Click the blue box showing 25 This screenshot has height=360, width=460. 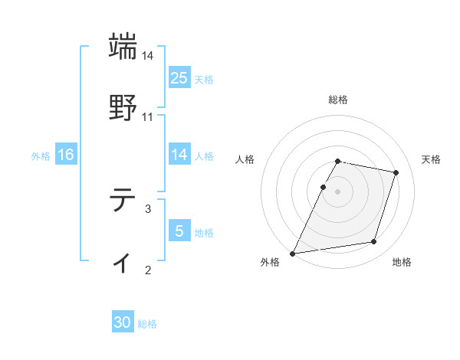pyautogui.click(x=179, y=77)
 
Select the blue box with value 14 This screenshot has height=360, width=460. pyautogui.click(x=179, y=155)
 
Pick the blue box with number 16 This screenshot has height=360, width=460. pyautogui.click(x=66, y=155)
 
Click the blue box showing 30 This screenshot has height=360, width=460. pyautogui.click(x=123, y=322)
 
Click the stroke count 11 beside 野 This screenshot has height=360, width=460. pyautogui.click(x=148, y=117)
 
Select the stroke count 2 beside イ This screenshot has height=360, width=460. pyautogui.click(x=148, y=269)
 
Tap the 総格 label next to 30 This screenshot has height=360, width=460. pyautogui.click(x=147, y=324)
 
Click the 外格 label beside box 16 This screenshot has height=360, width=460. pyautogui.click(x=41, y=156)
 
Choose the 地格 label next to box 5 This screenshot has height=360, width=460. pyautogui.click(x=204, y=233)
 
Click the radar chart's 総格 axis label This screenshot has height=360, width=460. pyautogui.click(x=338, y=100)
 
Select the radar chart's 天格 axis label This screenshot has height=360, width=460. pyautogui.click(x=432, y=159)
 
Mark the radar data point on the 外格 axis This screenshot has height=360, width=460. pyautogui.click(x=293, y=254)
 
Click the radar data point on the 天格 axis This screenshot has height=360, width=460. pyautogui.click(x=396, y=173)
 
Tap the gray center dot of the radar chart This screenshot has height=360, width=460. pyautogui.click(x=338, y=191)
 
